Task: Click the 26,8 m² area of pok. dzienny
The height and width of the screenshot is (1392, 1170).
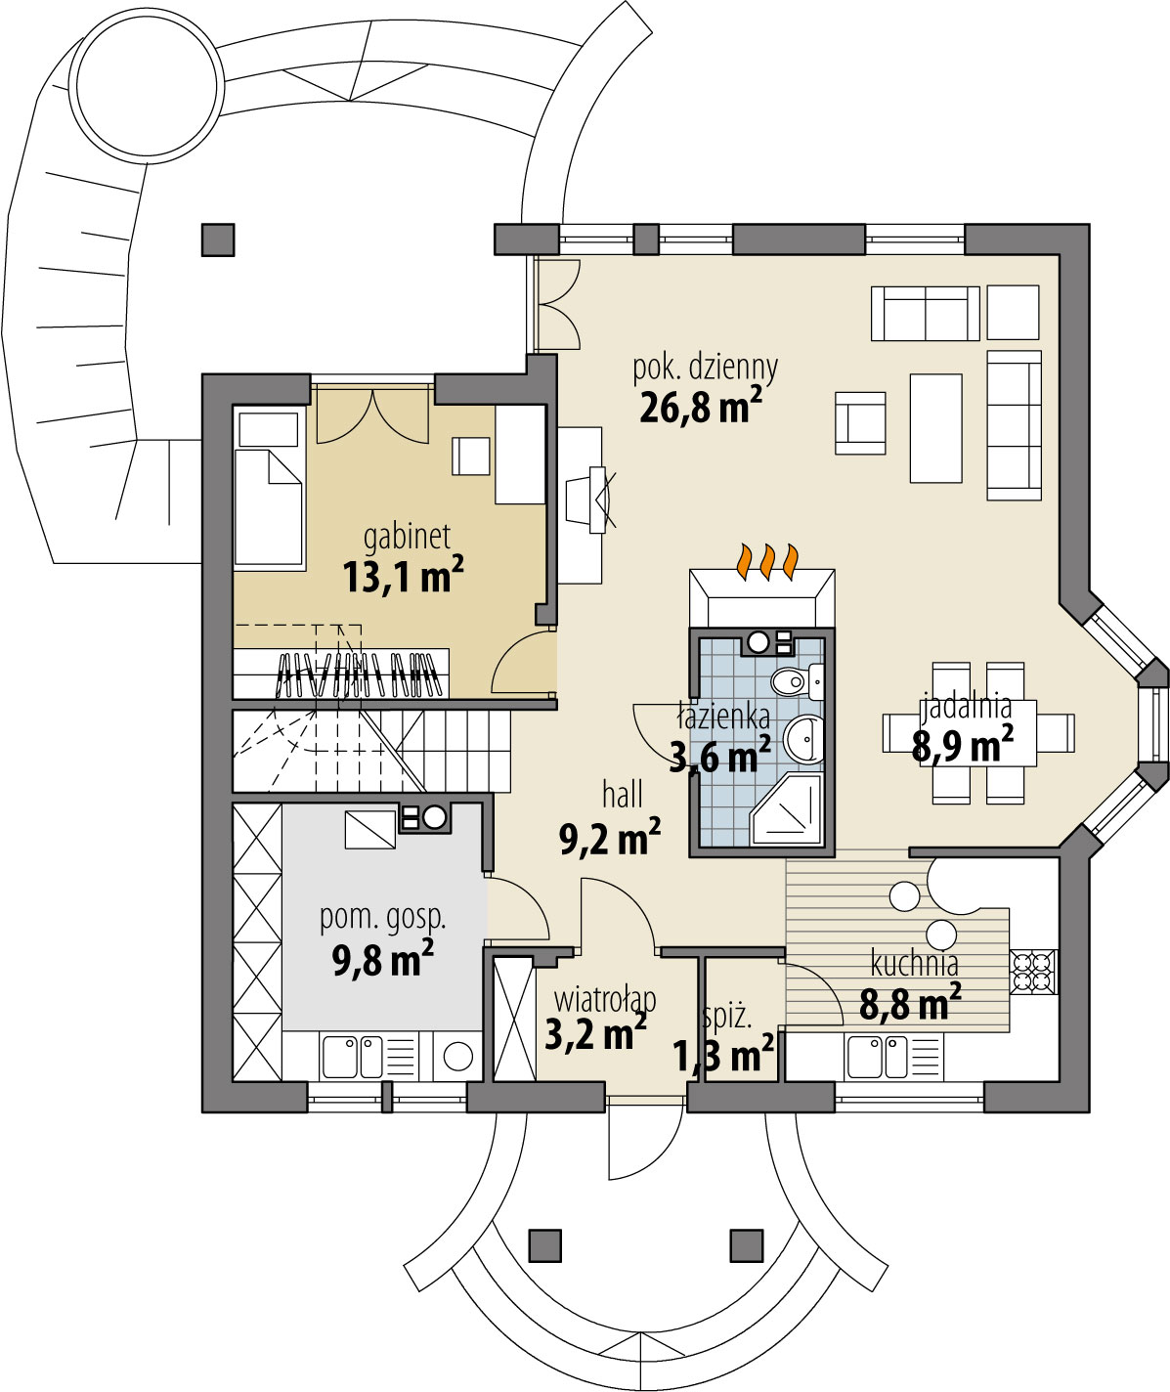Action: click(x=701, y=406)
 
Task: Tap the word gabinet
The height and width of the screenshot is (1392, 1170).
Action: click(x=407, y=537)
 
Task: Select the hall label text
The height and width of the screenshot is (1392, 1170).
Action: click(x=623, y=796)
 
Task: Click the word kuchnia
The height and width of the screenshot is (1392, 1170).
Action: click(x=915, y=964)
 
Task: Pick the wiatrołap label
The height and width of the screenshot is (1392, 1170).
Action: click(x=605, y=999)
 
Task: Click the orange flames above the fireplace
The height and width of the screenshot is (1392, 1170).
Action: click(x=766, y=561)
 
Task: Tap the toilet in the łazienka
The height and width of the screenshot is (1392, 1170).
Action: click(x=798, y=681)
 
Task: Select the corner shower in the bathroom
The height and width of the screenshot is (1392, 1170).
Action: click(x=787, y=810)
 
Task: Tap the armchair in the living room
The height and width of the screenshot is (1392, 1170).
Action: click(x=860, y=422)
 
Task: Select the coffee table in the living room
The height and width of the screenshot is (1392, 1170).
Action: click(x=936, y=428)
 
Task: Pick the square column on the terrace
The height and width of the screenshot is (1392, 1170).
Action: click(x=218, y=239)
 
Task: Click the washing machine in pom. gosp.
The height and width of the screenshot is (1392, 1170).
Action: click(x=457, y=1056)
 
